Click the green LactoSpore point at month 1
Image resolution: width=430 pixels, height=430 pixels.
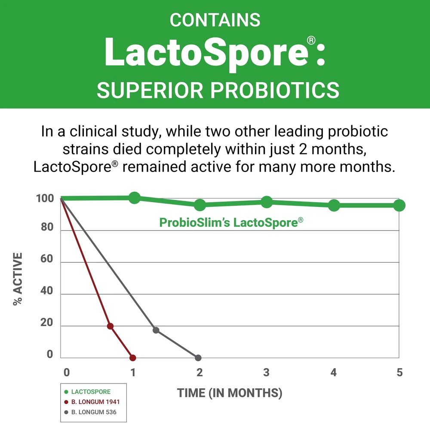point(134,198)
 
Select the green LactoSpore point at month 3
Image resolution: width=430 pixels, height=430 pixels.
point(267,201)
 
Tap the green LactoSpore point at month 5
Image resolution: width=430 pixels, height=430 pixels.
point(399,206)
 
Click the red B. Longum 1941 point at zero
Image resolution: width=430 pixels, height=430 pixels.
point(132,358)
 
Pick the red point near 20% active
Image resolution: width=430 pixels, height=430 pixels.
point(110,326)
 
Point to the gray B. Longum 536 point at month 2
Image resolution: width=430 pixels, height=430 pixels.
point(198,358)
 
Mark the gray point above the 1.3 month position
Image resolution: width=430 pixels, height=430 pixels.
point(156,330)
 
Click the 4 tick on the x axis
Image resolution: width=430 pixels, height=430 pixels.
point(333,372)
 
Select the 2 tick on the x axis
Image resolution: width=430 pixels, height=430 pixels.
point(199,372)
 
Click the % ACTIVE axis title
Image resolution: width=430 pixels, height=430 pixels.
point(18,279)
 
